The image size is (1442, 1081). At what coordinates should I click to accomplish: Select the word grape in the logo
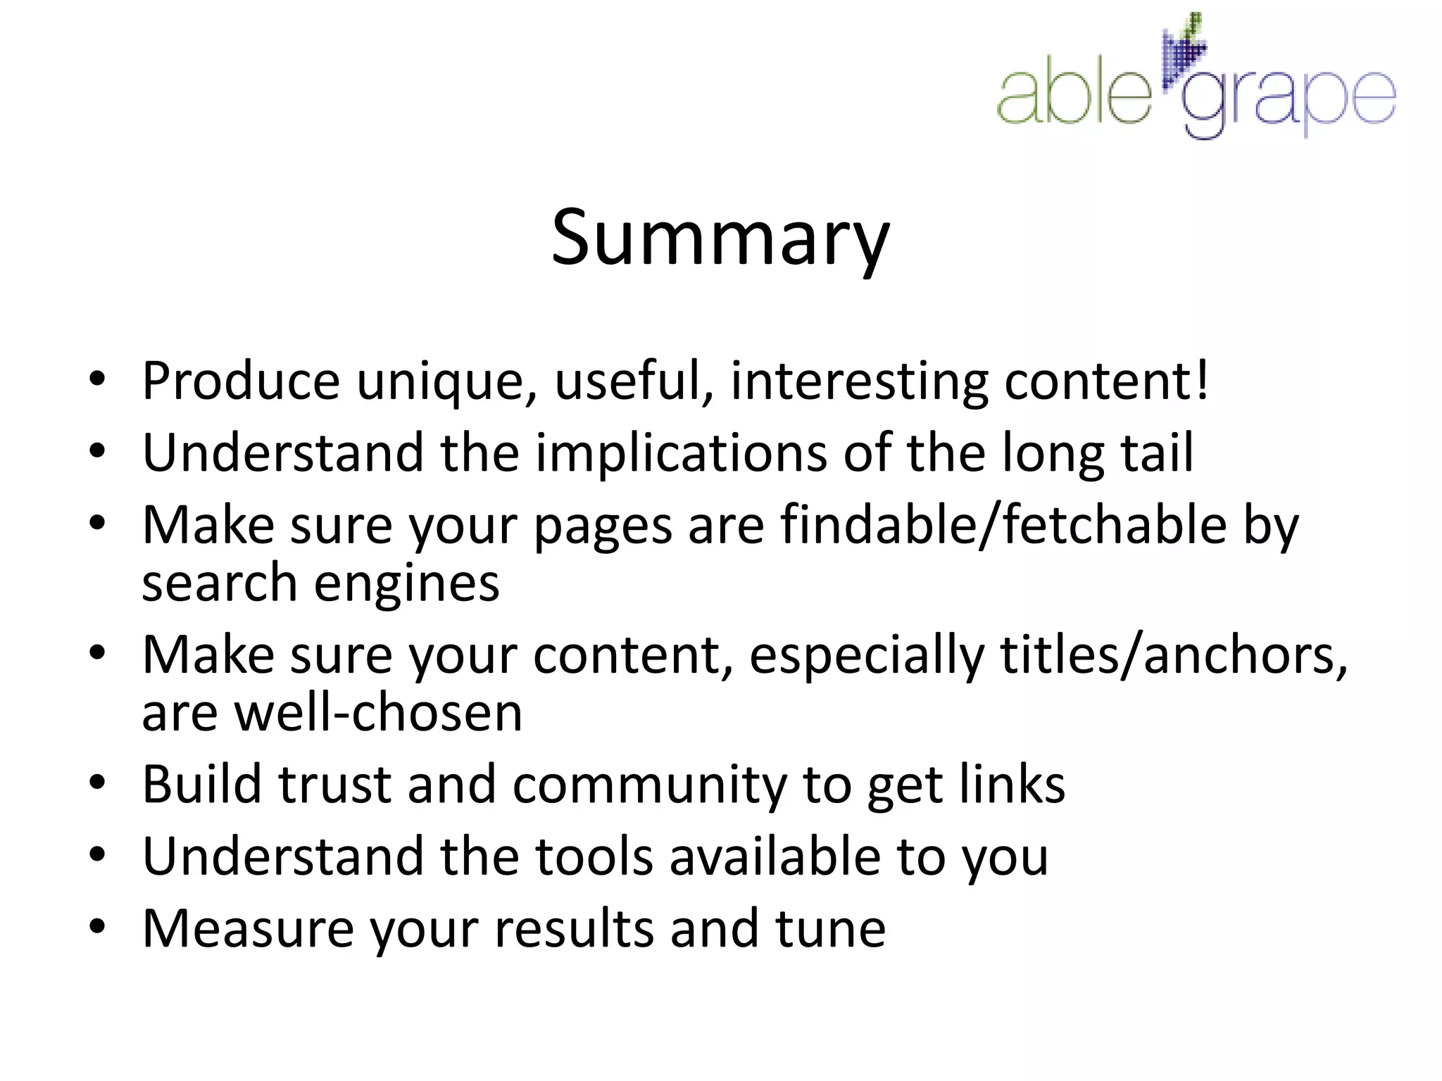[1289, 102]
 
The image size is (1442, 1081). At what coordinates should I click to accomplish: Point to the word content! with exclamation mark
[1106, 381]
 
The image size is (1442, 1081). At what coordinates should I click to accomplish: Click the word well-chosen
[378, 713]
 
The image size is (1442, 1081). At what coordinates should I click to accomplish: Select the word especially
[866, 655]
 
